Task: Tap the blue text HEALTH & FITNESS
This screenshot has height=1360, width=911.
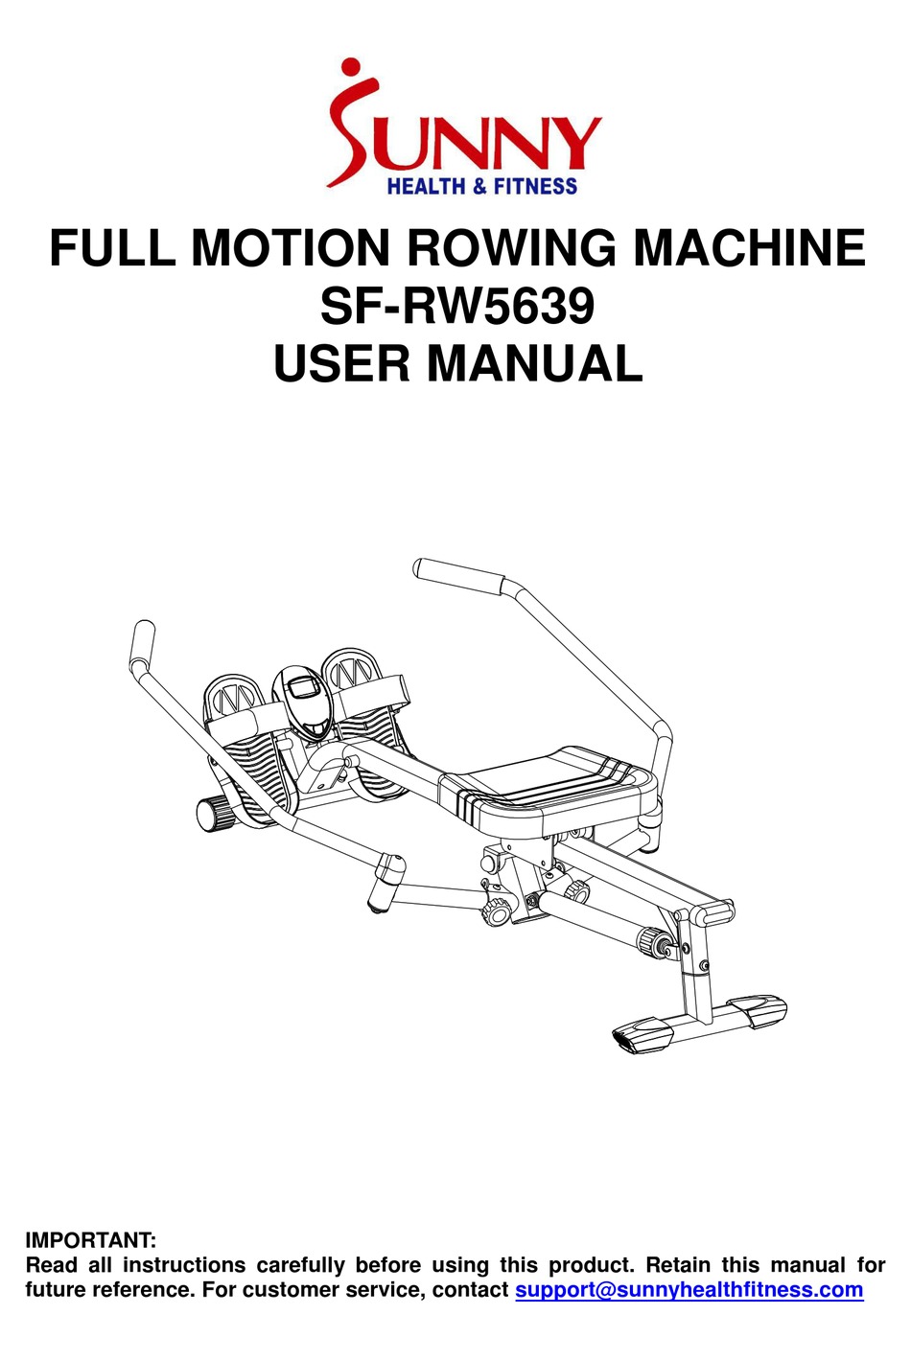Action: coord(482,186)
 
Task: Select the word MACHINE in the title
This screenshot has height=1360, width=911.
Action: coord(750,247)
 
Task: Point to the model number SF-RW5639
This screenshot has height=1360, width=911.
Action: coord(457,306)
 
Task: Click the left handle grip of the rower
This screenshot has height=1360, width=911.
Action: coord(142,645)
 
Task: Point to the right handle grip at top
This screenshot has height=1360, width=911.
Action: coord(459,577)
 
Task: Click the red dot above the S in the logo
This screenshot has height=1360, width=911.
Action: coord(351,70)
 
